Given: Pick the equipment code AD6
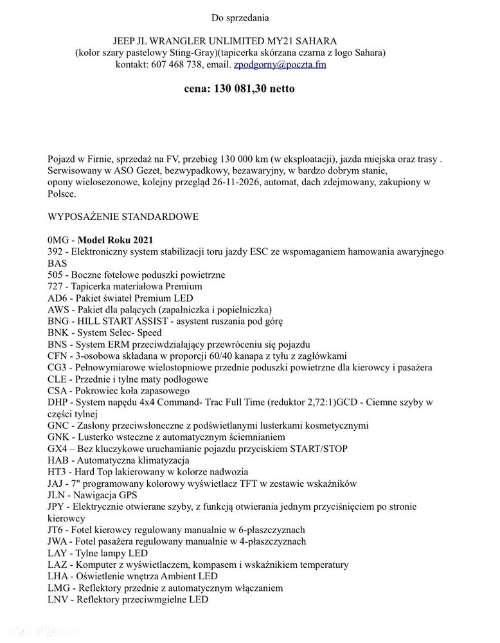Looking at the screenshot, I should (57, 298).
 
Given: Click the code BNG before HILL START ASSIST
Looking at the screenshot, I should (58, 321).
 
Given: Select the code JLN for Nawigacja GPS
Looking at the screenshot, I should (57, 495).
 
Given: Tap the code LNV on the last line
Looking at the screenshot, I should (58, 600).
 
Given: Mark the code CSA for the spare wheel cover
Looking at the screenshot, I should (57, 390).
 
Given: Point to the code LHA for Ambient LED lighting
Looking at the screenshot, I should (58, 576).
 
